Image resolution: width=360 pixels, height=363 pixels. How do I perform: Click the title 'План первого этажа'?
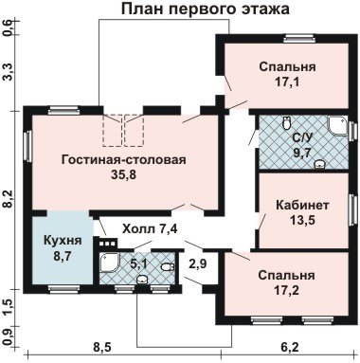(x=206, y=9)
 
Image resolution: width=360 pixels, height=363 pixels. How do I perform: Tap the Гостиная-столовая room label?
(x=124, y=159)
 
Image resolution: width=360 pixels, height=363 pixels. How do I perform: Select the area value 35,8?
(x=123, y=174)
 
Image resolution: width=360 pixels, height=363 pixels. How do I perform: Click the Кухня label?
(x=63, y=241)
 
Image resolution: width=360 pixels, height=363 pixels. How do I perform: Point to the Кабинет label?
(x=302, y=205)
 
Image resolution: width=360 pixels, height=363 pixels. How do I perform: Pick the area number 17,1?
(x=287, y=82)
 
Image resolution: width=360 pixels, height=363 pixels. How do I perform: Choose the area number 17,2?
(x=287, y=290)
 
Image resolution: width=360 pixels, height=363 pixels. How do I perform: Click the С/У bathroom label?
(x=302, y=138)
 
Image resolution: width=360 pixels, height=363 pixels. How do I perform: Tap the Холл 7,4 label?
(x=151, y=228)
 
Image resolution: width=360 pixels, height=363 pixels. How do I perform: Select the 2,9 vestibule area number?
(x=198, y=263)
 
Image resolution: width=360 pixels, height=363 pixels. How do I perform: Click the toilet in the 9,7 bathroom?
(x=286, y=123)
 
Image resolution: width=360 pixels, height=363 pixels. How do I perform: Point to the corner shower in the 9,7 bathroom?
(x=337, y=127)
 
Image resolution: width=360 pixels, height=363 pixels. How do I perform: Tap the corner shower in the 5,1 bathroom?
(x=110, y=263)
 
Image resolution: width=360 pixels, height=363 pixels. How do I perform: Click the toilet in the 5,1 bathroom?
(x=168, y=267)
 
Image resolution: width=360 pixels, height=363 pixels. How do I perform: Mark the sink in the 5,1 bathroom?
(x=142, y=279)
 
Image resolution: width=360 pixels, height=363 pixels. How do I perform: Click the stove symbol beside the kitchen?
(x=108, y=243)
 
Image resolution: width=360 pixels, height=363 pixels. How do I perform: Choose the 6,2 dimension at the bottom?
(x=289, y=347)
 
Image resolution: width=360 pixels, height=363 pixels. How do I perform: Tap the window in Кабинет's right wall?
(x=351, y=209)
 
